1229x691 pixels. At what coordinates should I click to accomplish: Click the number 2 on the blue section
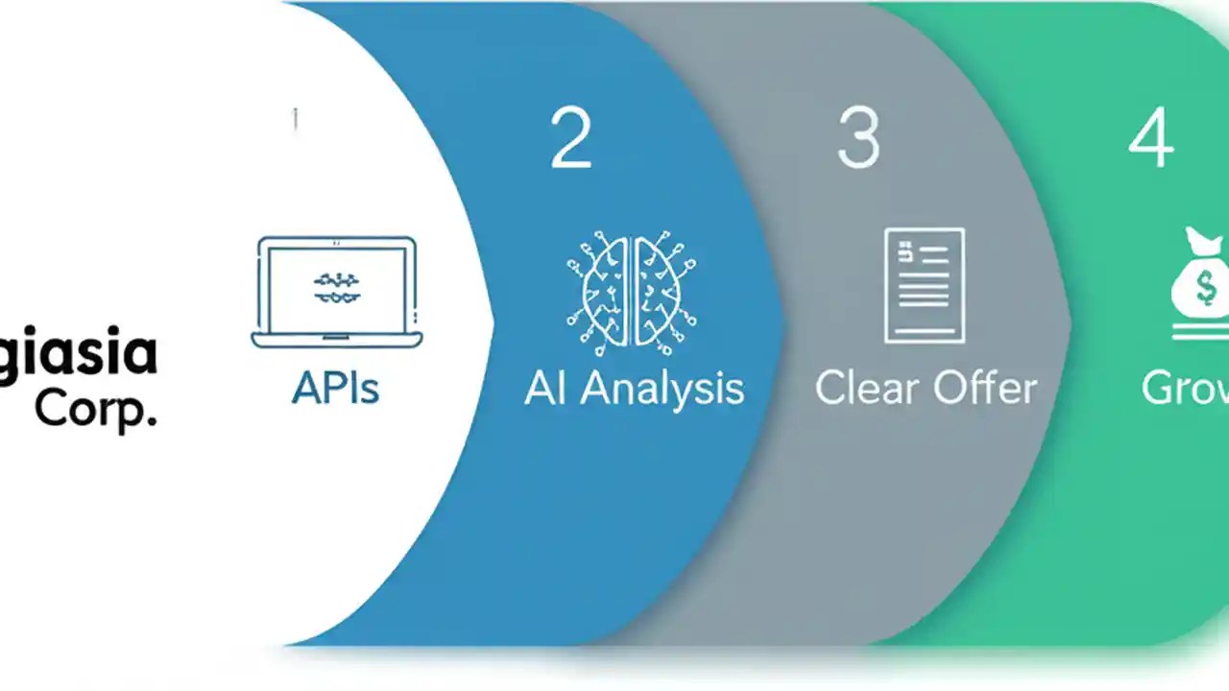click(x=570, y=139)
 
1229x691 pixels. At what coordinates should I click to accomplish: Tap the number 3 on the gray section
click(x=857, y=139)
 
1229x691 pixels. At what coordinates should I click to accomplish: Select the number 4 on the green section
click(x=1149, y=139)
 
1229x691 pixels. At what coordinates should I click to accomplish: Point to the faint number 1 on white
click(x=295, y=120)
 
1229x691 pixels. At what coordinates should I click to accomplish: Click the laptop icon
click(x=337, y=292)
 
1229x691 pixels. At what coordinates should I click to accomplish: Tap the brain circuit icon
click(x=631, y=287)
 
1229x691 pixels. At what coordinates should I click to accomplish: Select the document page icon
click(x=924, y=285)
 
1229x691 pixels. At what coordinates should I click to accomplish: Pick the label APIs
click(x=335, y=388)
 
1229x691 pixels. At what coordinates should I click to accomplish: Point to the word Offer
click(x=989, y=388)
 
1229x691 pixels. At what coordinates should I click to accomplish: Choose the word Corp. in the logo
click(x=95, y=409)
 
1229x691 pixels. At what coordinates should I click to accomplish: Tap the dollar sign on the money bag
click(x=1192, y=287)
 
